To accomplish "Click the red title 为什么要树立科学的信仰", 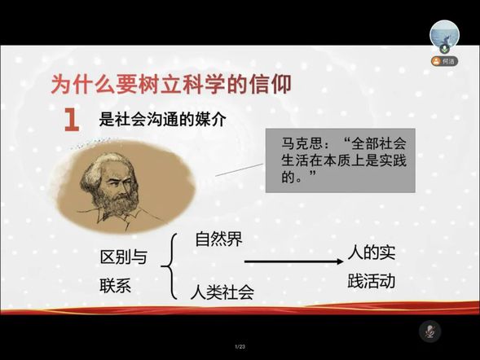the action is [171, 84].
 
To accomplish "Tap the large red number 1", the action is [72, 120].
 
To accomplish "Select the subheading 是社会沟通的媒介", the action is [162, 119].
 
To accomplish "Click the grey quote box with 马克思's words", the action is [340, 160].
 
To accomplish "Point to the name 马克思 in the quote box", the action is [300, 143].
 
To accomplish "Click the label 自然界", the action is [219, 239].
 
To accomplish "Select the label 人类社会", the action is [222, 292].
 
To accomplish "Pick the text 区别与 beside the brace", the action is [124, 257].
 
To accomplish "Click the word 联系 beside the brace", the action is [116, 286].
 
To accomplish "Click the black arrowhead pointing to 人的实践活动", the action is [340, 261].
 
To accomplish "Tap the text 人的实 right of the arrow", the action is [372, 252].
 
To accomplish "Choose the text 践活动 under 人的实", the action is [372, 281].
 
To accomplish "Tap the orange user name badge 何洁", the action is [444, 61].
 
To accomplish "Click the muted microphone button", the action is [429, 331].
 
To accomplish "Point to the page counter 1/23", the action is [240, 346].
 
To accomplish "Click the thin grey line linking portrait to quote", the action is [239, 169].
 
